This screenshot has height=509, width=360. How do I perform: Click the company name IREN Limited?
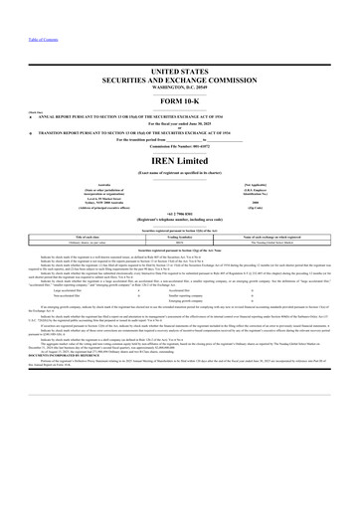179,161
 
